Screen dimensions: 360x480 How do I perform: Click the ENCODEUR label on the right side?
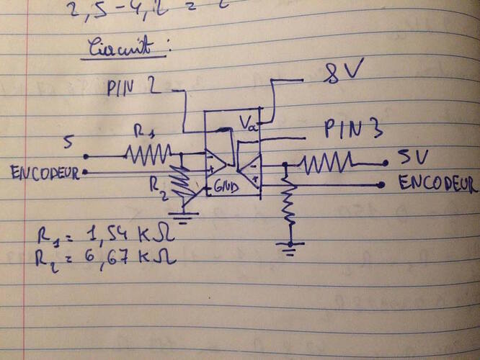click(437, 185)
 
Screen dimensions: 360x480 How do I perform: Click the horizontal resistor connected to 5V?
click(328, 161)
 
